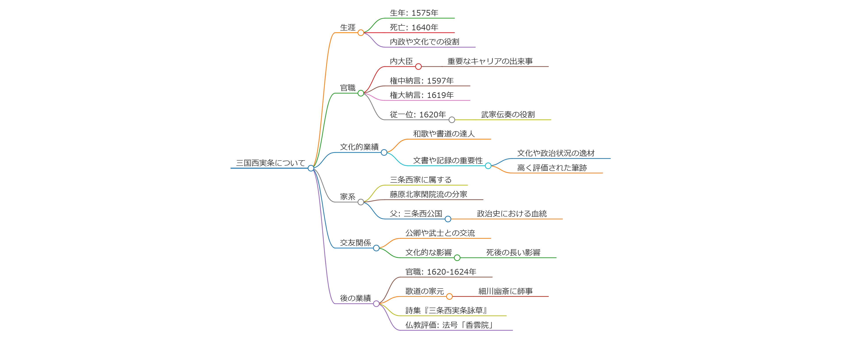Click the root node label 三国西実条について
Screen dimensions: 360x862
click(270, 163)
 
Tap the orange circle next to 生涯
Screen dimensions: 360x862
click(361, 33)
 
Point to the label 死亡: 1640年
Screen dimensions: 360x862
click(414, 27)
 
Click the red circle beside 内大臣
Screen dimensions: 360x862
click(418, 67)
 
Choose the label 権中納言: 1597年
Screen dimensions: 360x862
click(422, 81)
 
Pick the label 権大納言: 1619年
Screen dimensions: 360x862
click(422, 95)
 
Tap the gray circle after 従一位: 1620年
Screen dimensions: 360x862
click(452, 120)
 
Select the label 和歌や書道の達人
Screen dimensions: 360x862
click(444, 134)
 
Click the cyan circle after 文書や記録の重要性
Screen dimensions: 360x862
click(488, 166)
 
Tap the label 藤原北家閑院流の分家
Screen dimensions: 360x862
click(428, 194)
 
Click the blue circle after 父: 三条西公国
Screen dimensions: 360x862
click(448, 219)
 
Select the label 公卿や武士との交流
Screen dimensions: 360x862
click(440, 233)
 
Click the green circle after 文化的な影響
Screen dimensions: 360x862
click(457, 258)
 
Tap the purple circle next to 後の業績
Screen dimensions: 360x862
click(376, 304)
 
